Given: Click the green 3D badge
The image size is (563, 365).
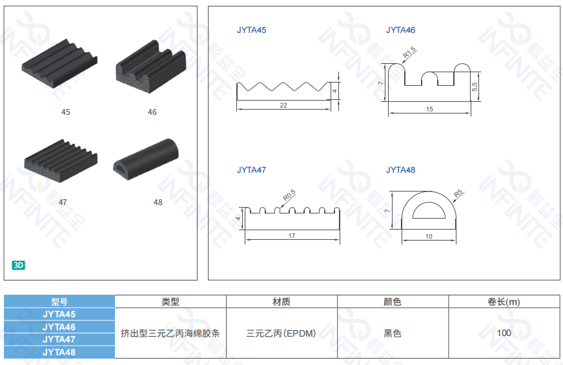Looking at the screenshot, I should click(19, 264).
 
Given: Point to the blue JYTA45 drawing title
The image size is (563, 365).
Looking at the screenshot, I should click(251, 30).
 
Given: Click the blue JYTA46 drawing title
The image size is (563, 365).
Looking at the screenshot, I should click(400, 30).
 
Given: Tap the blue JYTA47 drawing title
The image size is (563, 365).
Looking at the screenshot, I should click(251, 170).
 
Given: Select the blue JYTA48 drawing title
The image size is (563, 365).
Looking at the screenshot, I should click(400, 170).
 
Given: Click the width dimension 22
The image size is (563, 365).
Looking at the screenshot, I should click(283, 105).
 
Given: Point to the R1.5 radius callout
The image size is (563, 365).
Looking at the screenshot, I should click(410, 52).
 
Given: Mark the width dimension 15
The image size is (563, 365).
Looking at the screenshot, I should click(429, 110).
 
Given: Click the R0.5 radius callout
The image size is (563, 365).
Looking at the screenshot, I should click(289, 193).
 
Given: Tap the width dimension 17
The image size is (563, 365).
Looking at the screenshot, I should click(291, 236).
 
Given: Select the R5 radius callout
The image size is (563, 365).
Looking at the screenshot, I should click(458, 192).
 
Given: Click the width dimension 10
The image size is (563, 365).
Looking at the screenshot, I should click(429, 237).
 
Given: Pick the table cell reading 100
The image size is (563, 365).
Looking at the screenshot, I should click(504, 333).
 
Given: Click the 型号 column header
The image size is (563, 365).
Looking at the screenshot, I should click(59, 301).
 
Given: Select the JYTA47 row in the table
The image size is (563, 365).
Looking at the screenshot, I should click(59, 339).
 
